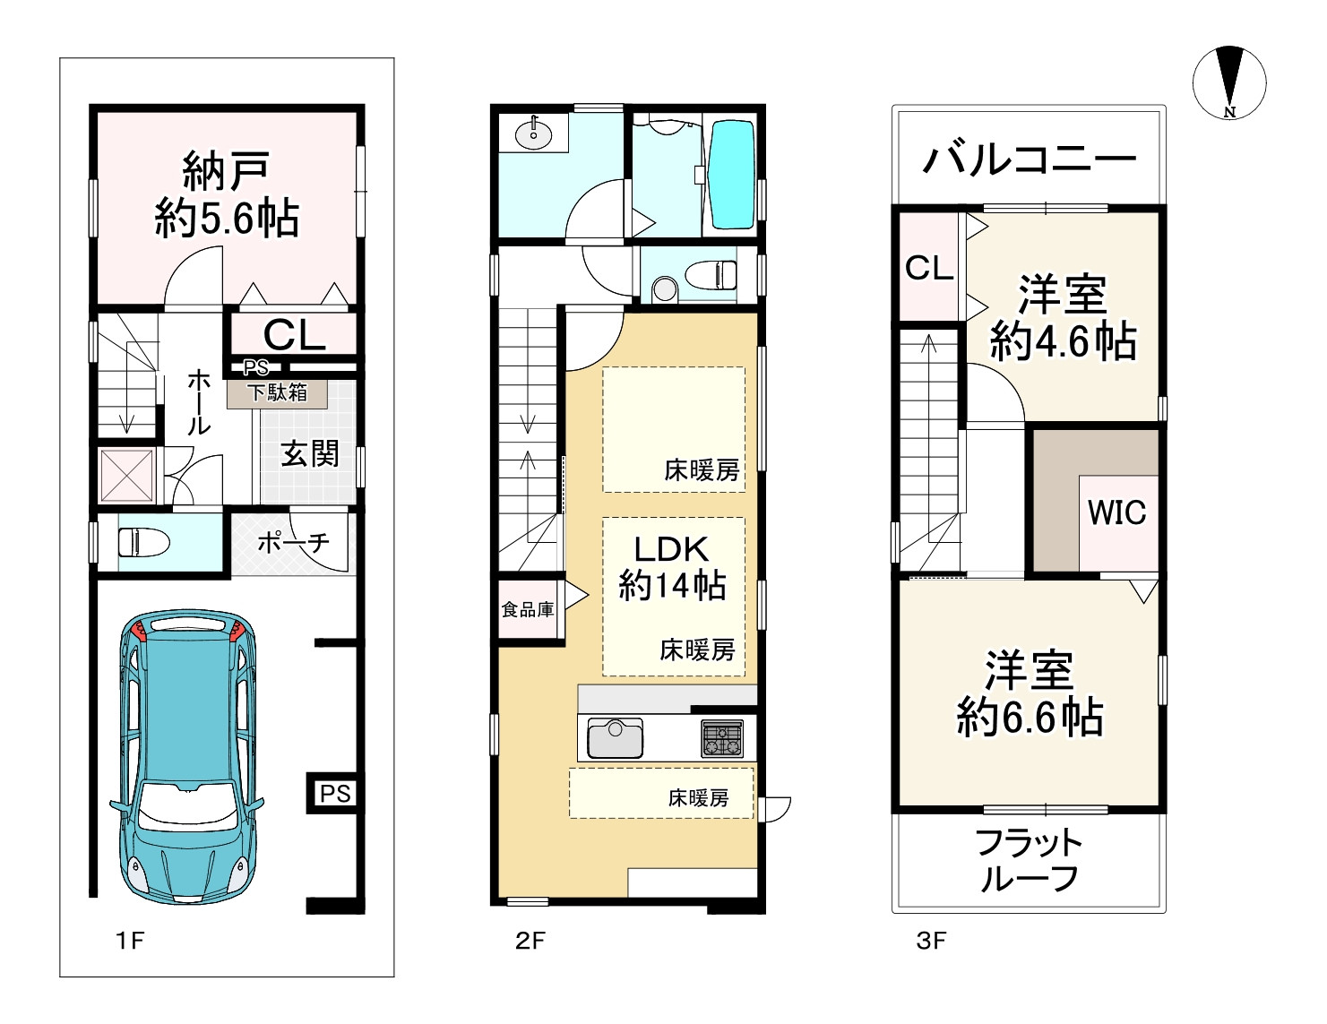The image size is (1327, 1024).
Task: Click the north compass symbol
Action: coord(1229,82)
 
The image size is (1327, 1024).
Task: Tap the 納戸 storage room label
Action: coord(226,172)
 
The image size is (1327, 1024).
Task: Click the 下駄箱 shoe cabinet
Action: coord(277,393)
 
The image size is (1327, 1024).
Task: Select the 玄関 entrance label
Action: coord(310,453)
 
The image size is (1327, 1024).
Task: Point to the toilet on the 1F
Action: coord(142,542)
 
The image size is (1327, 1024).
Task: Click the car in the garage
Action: coord(187,756)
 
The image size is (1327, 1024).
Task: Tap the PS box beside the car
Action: coord(335,793)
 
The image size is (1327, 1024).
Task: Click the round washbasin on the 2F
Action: coord(533,135)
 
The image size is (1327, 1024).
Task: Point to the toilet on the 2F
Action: coord(711,275)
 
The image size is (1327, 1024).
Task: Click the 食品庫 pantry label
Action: coord(528,609)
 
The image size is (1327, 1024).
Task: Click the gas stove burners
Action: coord(722,738)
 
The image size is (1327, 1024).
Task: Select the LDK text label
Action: coord(671,549)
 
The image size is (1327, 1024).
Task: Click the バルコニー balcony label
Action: coord(1029,159)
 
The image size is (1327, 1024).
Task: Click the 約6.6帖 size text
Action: coord(1029,717)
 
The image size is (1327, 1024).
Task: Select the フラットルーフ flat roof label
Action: coord(1029,861)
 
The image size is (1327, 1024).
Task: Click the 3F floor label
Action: coord(931,941)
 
